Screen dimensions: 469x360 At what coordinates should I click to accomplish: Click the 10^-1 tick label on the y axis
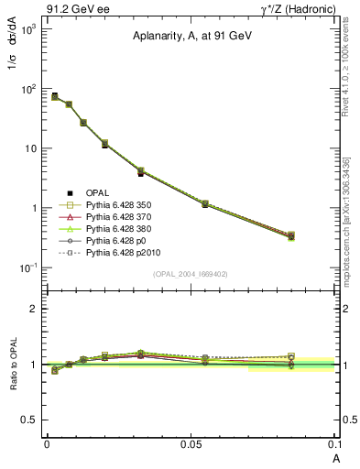tap(28, 267)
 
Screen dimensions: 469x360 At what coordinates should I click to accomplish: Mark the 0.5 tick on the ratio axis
tap(30, 420)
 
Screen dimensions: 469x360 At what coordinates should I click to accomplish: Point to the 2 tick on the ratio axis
tap(33, 309)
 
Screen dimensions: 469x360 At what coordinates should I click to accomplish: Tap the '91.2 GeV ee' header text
tap(71, 8)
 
